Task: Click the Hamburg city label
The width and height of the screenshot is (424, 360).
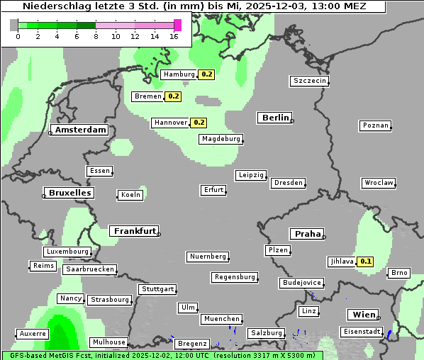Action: [x=178, y=74]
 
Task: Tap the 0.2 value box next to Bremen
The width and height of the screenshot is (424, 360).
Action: [x=174, y=96]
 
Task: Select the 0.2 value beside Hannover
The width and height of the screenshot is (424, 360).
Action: [x=199, y=123]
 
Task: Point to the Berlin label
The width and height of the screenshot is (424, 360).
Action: [x=275, y=118]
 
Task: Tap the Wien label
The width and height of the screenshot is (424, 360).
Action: [x=362, y=315]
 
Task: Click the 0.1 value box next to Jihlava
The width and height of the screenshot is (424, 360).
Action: [x=366, y=261]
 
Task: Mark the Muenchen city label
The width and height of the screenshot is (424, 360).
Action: [x=221, y=320]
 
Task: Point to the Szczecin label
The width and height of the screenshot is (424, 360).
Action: [x=310, y=81]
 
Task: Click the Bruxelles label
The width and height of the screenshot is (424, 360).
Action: [x=69, y=193]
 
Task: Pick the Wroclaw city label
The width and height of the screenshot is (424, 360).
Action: [x=379, y=183]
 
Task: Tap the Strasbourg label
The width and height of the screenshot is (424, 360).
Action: [x=110, y=300]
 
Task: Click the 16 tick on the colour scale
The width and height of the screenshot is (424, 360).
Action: [x=174, y=36]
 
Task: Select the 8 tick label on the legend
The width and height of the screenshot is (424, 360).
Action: [x=96, y=36]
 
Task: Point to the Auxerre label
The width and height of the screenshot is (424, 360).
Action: [x=33, y=333]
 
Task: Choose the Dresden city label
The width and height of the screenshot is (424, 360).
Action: [x=289, y=183]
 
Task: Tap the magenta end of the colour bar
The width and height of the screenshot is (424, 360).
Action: [x=177, y=25]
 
